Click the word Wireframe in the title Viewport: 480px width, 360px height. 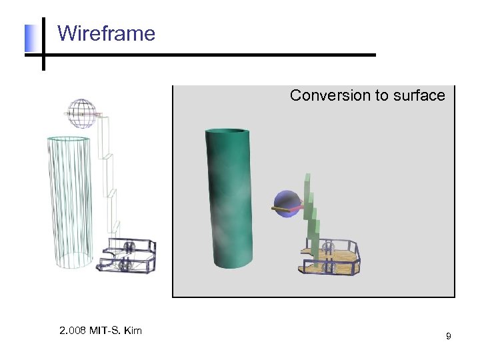(x=106, y=33)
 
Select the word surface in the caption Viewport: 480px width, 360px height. (x=419, y=95)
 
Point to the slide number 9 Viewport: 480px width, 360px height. (x=448, y=337)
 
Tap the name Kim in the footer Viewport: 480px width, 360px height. (x=133, y=330)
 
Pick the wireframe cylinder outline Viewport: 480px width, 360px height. (x=69, y=200)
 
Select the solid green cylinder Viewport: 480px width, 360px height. (x=229, y=200)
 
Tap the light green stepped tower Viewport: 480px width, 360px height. (x=310, y=213)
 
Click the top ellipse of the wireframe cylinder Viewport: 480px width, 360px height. (x=69, y=139)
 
